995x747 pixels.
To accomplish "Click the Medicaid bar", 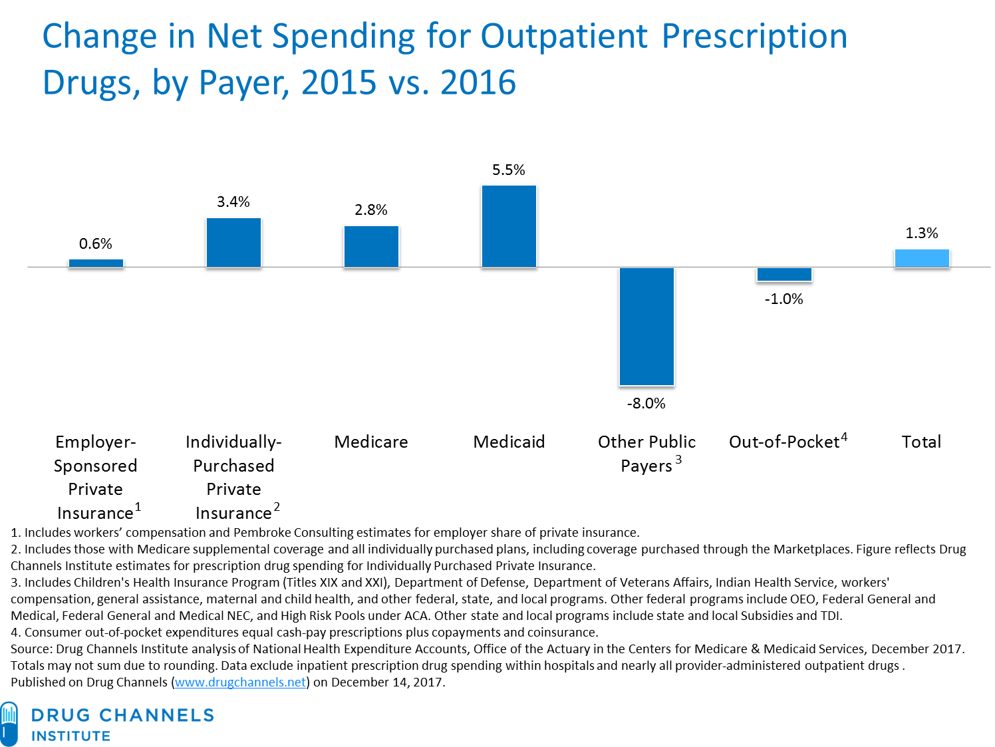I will tap(509, 227).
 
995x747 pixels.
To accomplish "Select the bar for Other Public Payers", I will tap(646, 327).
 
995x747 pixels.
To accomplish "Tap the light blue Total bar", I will tap(921, 258).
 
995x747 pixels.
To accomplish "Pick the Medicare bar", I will tap(371, 247).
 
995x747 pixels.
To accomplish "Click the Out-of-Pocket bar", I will tap(784, 275).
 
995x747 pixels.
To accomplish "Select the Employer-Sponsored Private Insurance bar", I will tap(96, 263).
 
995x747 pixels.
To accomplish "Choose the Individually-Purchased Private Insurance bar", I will tap(233, 243).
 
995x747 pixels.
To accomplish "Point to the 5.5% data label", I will tap(509, 170).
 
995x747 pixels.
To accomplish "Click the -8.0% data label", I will tap(646, 404).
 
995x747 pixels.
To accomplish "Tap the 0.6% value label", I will tap(96, 244).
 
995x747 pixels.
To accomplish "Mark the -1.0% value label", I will tap(783, 299).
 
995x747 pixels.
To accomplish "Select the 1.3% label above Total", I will tap(921, 233).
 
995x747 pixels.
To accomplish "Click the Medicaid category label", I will tap(509, 442).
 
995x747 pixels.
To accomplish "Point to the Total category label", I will tap(921, 442).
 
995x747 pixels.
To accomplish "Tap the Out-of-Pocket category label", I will tap(784, 442).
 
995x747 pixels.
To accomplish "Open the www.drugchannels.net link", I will tap(241, 682).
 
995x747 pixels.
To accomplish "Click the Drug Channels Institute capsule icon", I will tap(9, 723).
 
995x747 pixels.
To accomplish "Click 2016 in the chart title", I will tap(478, 83).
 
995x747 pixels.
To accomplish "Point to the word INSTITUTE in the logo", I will tap(71, 736).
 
